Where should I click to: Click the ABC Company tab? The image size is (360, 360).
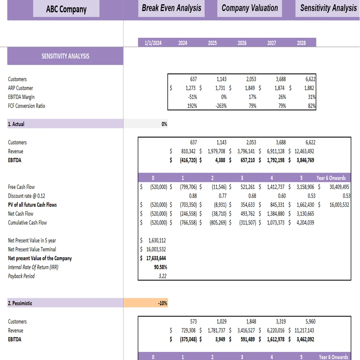[66, 9]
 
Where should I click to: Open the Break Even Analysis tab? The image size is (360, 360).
[171, 8]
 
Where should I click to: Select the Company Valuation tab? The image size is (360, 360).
[250, 8]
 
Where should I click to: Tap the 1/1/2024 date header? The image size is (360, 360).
[153, 43]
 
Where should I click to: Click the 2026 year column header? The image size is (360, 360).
[242, 43]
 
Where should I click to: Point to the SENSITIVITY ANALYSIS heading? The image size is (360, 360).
[65, 56]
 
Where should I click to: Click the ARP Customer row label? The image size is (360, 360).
[21, 88]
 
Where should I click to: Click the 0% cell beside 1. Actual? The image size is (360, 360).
[164, 124]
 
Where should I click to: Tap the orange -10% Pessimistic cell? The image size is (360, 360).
[162, 303]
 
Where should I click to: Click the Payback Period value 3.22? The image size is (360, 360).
[162, 276]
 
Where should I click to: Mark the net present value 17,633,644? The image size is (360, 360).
[156, 258]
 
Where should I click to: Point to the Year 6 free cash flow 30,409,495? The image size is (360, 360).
[339, 187]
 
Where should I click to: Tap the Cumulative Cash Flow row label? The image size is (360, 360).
[27, 222]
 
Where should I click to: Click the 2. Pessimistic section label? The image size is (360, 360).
[20, 303]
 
